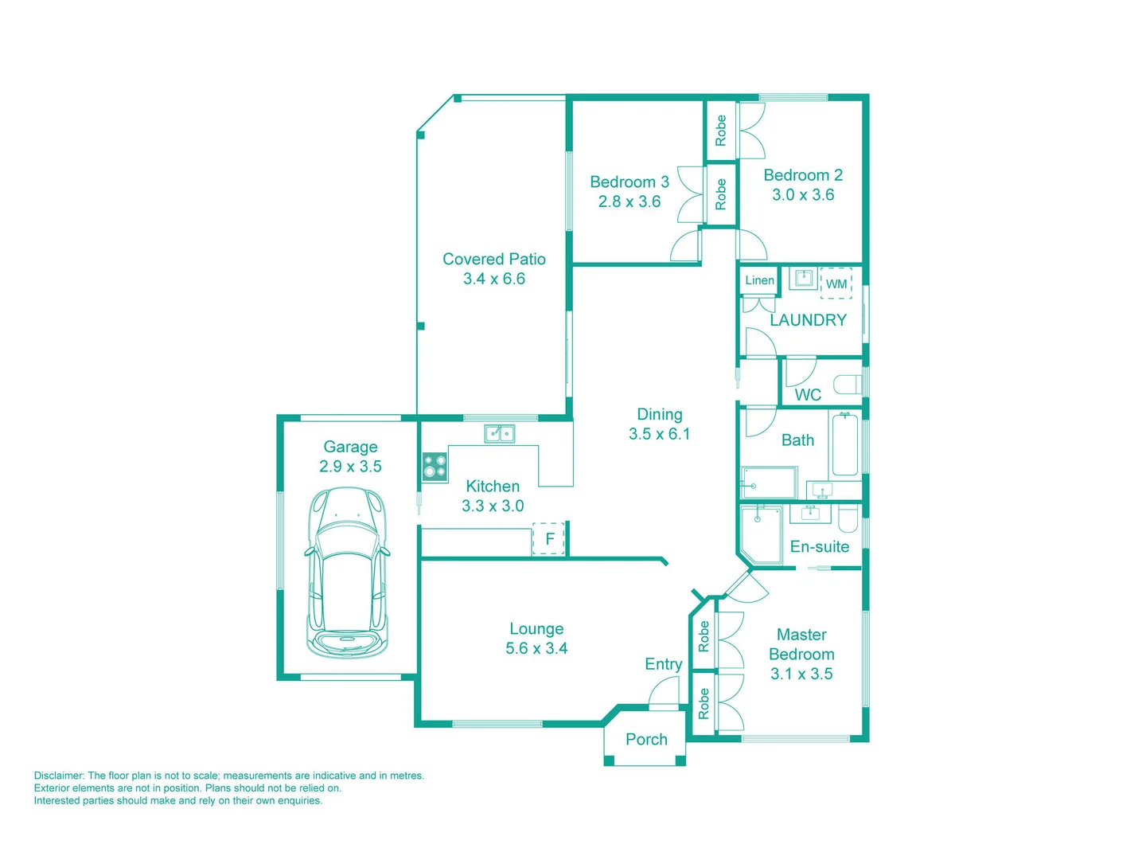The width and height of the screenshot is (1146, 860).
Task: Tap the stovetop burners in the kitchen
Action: [435, 467]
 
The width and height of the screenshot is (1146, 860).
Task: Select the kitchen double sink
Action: [500, 434]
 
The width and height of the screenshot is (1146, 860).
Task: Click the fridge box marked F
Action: [548, 539]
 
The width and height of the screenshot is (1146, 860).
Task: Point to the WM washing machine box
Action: [836, 284]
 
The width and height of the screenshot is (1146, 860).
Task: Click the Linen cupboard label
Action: [759, 280]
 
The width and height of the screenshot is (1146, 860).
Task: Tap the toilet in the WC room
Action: [848, 385]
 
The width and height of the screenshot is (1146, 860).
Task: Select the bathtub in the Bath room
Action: [844, 444]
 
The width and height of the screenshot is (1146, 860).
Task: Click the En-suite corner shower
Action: [761, 534]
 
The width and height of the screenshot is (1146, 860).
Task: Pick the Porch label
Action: [646, 740]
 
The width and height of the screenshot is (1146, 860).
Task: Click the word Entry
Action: [663, 664]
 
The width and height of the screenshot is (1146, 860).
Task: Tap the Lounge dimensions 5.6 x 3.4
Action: [536, 649]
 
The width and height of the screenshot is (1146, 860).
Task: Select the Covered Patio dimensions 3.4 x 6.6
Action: [494, 279]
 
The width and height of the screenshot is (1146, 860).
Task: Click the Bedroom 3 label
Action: [630, 182]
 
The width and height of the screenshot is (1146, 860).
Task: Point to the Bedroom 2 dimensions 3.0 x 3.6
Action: [803, 195]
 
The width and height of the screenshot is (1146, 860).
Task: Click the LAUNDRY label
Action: [808, 320]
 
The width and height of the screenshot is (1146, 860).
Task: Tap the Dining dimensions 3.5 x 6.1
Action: [659, 434]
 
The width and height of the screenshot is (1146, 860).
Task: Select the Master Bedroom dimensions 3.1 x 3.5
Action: [801, 674]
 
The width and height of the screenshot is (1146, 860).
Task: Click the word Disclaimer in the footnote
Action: [59, 776]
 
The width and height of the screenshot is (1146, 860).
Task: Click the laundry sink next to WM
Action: [804, 279]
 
